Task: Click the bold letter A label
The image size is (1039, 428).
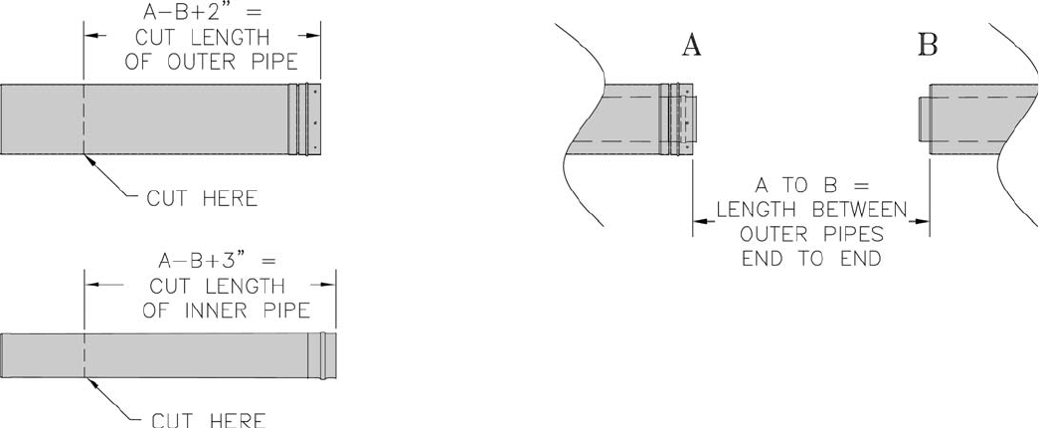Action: point(692,47)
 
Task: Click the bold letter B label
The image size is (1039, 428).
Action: point(928,47)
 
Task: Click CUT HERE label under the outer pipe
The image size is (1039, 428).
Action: point(202,198)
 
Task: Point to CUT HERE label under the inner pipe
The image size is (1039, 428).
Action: point(209,421)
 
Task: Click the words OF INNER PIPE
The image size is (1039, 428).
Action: point(226,310)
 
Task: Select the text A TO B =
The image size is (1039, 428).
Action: point(811,185)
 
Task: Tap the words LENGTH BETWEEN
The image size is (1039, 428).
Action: point(811,210)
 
